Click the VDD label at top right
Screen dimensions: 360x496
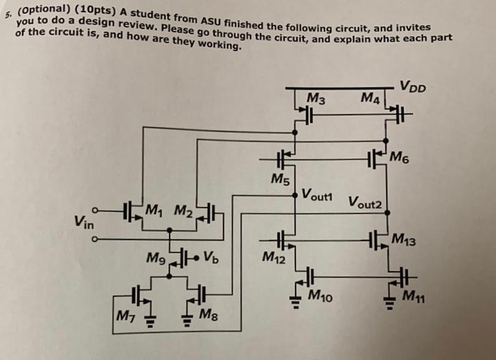412,85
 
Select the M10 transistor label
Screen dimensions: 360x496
322,295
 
